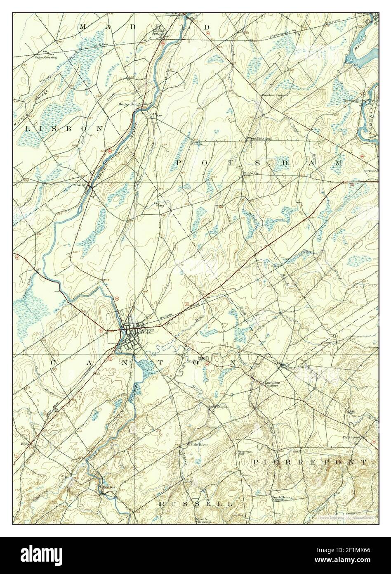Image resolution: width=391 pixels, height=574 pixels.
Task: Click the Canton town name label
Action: (146, 330)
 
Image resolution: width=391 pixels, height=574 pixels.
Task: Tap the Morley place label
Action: (80, 185)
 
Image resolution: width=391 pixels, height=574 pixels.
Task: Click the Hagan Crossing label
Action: (45, 57)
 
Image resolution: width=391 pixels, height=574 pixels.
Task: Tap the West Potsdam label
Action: (259, 139)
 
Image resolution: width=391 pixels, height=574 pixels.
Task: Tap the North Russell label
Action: (203, 520)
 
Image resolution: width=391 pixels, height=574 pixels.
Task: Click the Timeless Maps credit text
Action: (344, 517)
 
